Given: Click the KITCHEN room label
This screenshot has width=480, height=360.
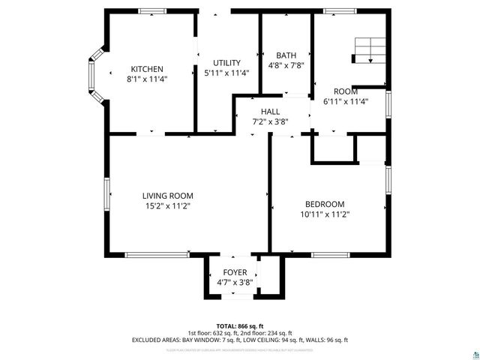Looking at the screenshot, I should point(147,69).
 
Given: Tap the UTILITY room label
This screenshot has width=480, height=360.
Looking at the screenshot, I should point(226,63).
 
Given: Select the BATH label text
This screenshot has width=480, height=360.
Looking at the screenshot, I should point(286,55).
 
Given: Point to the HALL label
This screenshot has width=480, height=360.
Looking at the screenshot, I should point(270,112).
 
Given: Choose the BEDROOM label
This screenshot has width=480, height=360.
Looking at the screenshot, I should point(324,204).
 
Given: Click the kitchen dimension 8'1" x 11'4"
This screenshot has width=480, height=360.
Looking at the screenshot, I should point(147,78).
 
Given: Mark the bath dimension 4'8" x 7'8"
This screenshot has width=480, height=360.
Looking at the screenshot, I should point(286,65).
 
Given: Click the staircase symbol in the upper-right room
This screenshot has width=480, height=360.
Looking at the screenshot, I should point(370,50).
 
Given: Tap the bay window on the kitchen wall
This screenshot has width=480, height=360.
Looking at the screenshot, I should point(95,74).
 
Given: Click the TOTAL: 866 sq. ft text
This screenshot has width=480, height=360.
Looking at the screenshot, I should point(240,325).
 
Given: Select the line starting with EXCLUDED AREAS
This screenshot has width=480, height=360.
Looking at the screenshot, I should point(240,340).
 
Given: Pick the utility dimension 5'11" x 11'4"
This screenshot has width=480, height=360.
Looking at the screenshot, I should point(226,73).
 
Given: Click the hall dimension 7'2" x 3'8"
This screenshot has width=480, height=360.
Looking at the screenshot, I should point(270,121).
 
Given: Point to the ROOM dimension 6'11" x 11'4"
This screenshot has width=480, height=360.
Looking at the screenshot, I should point(345,101).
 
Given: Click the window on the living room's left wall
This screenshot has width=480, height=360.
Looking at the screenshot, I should point(107,196).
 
